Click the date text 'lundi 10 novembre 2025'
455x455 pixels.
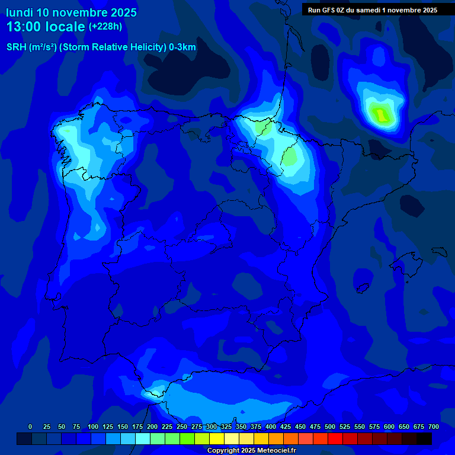(71, 12)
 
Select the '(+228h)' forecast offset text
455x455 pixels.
(105, 26)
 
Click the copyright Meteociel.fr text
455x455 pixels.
(252, 451)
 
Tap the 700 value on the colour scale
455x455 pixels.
(433, 427)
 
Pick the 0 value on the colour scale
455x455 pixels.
(30, 427)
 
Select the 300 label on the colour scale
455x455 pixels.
(212, 427)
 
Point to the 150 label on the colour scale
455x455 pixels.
(123, 427)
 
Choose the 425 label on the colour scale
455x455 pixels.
(286, 427)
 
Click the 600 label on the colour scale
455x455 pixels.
(389, 427)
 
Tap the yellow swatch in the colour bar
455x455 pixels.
(217, 438)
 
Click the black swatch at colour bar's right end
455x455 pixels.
(424, 438)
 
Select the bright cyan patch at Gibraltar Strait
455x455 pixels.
(155, 390)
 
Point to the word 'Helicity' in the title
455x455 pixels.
(123, 47)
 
